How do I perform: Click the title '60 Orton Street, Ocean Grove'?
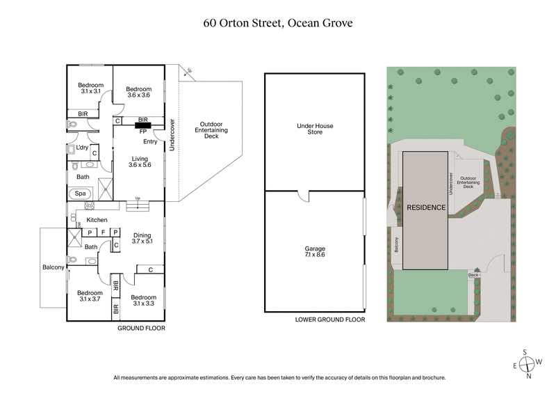[277, 22]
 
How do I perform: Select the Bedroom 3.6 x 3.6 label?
[139, 93]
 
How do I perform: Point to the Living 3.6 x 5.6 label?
[140, 163]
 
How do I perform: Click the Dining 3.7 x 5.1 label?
[142, 237]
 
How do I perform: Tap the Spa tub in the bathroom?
[81, 193]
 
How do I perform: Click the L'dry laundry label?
[82, 148]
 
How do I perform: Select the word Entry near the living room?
[151, 141]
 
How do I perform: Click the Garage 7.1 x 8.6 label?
[315, 253]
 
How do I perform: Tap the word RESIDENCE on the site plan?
[425, 207]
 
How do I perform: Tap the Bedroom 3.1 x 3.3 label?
[142, 301]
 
